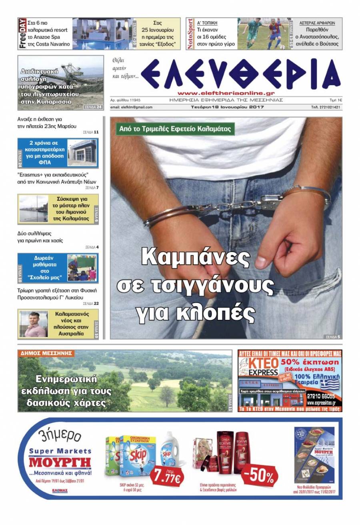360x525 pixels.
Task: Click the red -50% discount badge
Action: point(260,476)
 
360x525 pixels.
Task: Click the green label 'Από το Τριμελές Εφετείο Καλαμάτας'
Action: point(175,129)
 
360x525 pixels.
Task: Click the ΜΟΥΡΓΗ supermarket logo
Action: point(60,463)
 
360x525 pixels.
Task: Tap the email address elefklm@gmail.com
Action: point(131,107)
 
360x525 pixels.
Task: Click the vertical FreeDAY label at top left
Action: point(22,34)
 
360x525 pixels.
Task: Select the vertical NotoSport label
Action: point(190,34)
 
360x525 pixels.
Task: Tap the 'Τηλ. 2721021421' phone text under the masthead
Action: point(326,107)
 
